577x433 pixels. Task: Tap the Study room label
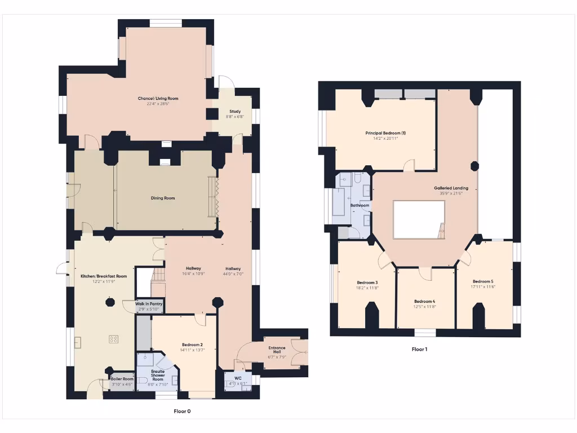[235, 112]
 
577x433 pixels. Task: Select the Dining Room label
[162, 198]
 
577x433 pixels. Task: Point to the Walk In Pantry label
[149, 304]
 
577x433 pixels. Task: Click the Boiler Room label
[122, 379]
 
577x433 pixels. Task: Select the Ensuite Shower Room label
[158, 375]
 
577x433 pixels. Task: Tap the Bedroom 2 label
[192, 344]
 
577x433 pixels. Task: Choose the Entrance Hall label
[277, 348]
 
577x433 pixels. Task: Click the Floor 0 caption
[182, 412]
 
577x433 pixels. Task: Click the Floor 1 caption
[419, 350]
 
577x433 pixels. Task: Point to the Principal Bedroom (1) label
[385, 133]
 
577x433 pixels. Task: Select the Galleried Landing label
[451, 188]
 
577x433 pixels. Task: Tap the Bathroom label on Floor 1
[359, 206]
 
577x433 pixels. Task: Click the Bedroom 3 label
[367, 282]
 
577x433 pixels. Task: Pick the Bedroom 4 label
[424, 301]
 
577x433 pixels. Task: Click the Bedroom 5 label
[482, 281]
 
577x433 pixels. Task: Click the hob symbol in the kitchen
[114, 339]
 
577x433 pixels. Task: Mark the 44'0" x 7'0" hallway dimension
[233, 273]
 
